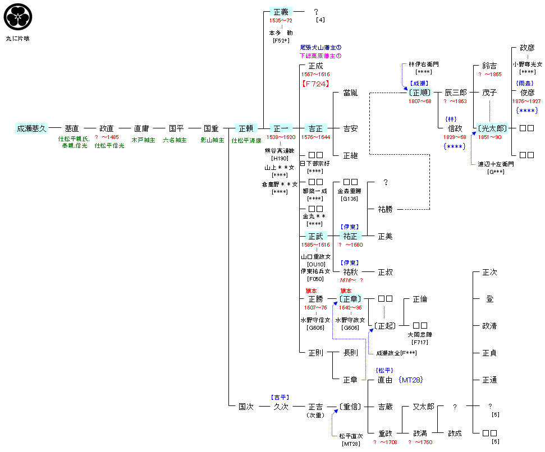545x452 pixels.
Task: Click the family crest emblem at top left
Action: pyautogui.click(x=18, y=17)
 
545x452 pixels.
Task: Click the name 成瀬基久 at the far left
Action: pyautogui.click(x=31, y=128)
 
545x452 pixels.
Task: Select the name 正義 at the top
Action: pyautogui.click(x=281, y=12)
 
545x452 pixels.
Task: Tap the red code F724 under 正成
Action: pyautogui.click(x=315, y=84)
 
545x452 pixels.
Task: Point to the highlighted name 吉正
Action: pyautogui.click(x=315, y=128)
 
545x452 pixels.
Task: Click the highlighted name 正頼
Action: pyautogui.click(x=246, y=128)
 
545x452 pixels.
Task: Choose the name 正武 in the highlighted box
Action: pyautogui.click(x=315, y=236)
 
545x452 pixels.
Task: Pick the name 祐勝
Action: pyautogui.click(x=385, y=209)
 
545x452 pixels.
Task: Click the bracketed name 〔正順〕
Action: pyautogui.click(x=420, y=93)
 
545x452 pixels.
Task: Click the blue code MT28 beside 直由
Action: pyautogui.click(x=410, y=380)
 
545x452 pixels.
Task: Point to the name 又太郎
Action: pyautogui.click(x=423, y=407)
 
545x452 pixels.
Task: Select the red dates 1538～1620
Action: pyautogui.click(x=281, y=137)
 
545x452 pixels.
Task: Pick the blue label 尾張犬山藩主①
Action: pyautogui.click(x=320, y=48)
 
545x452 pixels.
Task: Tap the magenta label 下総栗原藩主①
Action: pyautogui.click(x=320, y=56)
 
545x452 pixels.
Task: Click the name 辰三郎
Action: pyautogui.click(x=455, y=93)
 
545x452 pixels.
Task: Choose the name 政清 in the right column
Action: pyautogui.click(x=489, y=326)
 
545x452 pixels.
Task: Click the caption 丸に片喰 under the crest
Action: pyautogui.click(x=17, y=39)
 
